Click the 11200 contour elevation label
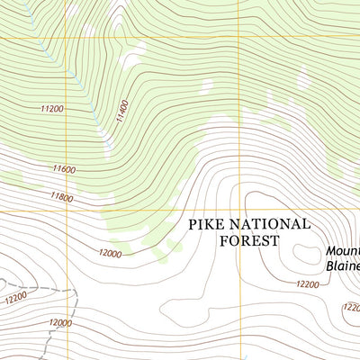[x=52, y=108]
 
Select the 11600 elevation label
[x=63, y=168]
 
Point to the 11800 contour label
[x=61, y=195]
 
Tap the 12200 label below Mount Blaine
[x=307, y=284]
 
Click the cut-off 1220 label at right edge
[x=351, y=307]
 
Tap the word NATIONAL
[x=272, y=224]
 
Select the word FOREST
[x=249, y=240]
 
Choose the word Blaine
[x=342, y=267]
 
